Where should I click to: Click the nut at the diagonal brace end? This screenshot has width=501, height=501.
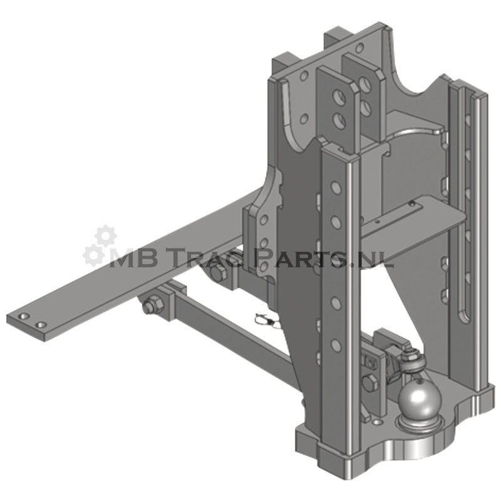(x=151, y=304)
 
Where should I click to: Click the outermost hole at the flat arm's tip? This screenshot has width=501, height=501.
(x=24, y=316)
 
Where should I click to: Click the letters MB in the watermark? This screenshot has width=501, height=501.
(x=133, y=259)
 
